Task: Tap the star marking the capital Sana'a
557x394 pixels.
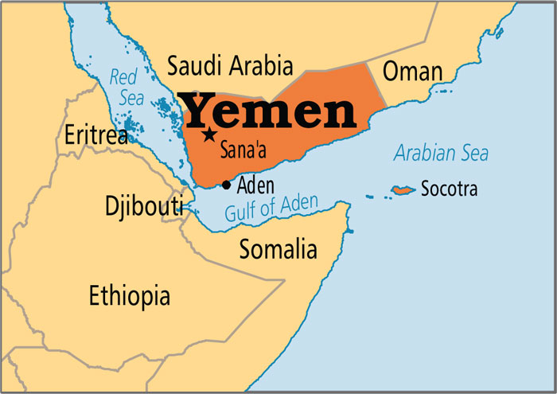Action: pos(209,135)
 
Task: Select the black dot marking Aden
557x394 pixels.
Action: pos(227,185)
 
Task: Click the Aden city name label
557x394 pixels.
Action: pos(255,185)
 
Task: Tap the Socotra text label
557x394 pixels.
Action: pos(450,190)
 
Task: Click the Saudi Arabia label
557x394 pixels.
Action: pos(231,65)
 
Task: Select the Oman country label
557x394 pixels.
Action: pos(412,72)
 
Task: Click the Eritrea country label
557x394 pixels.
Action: pos(96,135)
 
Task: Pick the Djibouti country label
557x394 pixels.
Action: pos(143,205)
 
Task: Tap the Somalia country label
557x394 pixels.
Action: pos(278,249)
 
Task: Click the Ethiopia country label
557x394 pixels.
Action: pos(129,296)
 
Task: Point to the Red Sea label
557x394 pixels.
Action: pos(123,87)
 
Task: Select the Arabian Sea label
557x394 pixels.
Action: pos(441,153)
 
